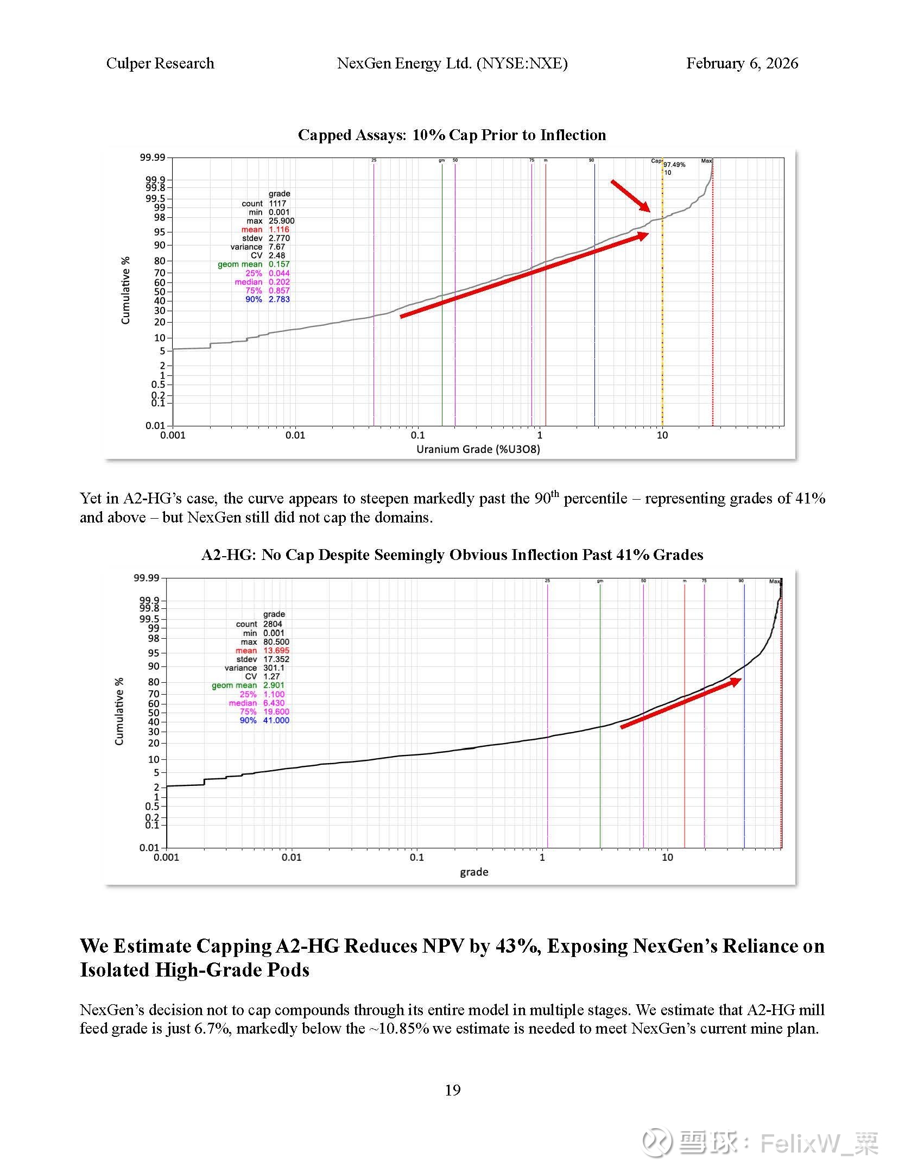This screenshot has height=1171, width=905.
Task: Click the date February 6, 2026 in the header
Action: coord(742,64)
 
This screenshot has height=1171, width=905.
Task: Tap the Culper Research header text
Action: coord(160,64)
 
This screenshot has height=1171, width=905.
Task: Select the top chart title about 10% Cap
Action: coord(452,135)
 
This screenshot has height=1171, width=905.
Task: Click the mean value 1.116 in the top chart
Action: coord(279,230)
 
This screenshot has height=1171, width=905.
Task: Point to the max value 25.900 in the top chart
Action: coord(281,221)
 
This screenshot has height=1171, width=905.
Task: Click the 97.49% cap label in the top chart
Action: coord(674,165)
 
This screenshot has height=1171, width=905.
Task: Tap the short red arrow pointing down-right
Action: coord(630,196)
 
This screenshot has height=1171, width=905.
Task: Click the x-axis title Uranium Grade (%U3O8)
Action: coord(478,449)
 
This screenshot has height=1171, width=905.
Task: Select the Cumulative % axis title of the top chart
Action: coord(126,291)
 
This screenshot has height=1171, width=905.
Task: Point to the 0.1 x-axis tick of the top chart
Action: coord(417,435)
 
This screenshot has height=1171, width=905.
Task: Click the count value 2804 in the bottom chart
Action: coord(273,624)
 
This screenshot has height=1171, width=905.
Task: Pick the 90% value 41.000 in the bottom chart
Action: coord(276,720)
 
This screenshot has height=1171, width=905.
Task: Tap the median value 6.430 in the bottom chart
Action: coord(274,703)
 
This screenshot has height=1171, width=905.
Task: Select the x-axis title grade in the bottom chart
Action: coord(474,872)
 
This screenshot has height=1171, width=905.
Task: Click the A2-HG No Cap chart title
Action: coord(452,555)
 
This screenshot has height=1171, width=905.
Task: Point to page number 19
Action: coord(452,1090)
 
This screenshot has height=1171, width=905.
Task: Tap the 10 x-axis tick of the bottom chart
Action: coord(667,857)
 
